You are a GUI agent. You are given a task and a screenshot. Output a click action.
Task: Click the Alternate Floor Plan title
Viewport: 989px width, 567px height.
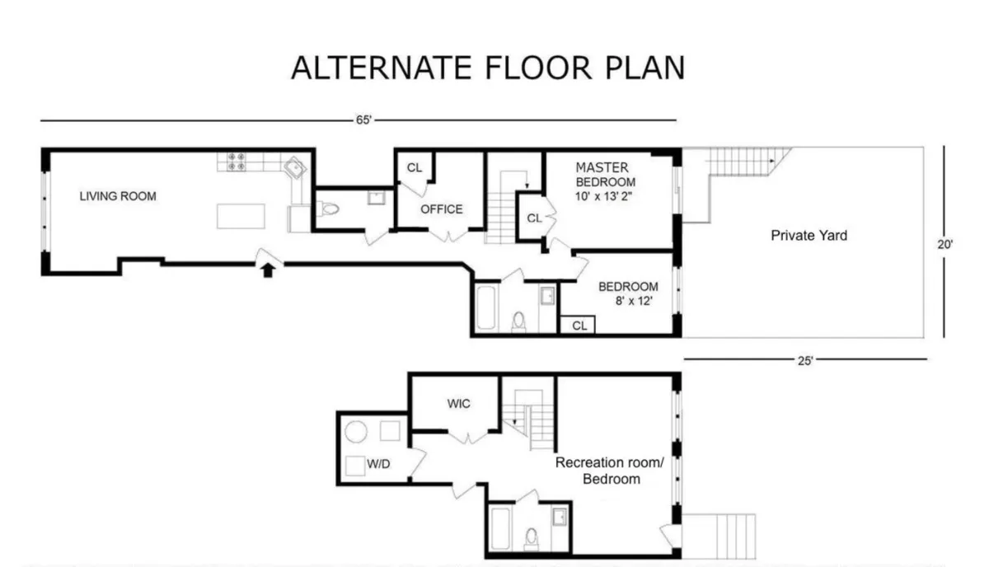click(x=488, y=68)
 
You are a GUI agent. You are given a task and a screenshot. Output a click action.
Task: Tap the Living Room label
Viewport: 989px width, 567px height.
click(x=118, y=196)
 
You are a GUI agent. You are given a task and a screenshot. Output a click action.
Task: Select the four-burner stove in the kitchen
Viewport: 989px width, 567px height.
click(x=237, y=162)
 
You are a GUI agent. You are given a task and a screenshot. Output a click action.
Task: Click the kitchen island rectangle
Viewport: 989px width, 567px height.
click(x=242, y=216)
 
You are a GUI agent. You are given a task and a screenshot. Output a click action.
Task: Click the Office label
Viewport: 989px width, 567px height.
click(x=442, y=209)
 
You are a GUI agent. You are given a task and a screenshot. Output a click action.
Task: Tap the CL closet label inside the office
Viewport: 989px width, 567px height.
click(x=415, y=168)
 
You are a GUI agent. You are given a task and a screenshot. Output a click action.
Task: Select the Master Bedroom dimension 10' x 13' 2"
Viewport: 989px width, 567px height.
click(x=605, y=196)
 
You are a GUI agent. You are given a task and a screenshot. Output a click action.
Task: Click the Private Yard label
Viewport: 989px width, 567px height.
click(x=809, y=236)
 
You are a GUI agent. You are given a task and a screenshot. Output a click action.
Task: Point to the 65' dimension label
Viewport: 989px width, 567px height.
click(x=363, y=120)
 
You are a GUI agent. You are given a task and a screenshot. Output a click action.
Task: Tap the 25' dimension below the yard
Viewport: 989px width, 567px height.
click(x=805, y=359)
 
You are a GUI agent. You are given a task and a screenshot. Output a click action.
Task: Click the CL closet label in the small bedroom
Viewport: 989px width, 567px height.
click(x=579, y=326)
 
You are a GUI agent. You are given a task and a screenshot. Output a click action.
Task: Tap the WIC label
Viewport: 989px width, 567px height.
click(x=458, y=405)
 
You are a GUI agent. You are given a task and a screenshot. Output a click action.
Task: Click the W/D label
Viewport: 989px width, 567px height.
click(x=378, y=464)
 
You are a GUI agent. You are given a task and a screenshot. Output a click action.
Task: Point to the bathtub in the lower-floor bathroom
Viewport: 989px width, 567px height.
click(x=500, y=527)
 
